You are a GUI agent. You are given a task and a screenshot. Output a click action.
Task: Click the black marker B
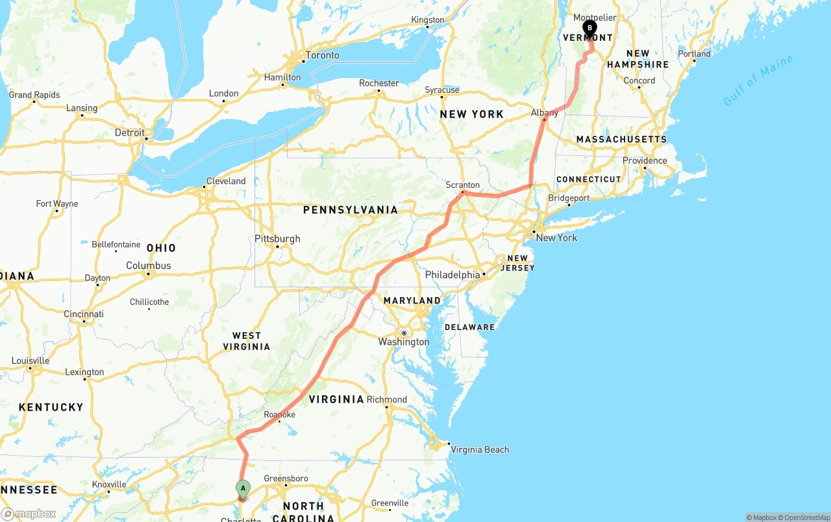(589, 29)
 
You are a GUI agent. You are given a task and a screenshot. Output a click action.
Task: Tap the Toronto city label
(322, 55)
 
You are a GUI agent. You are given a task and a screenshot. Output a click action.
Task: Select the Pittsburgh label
(277, 239)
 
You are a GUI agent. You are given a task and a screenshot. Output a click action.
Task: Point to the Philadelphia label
(453, 275)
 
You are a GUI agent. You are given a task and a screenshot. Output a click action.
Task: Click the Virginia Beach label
(480, 449)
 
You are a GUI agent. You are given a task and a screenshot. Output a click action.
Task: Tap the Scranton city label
(462, 185)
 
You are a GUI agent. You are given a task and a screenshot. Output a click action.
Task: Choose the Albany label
(544, 112)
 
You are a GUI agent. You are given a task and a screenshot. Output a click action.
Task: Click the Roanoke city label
(280, 415)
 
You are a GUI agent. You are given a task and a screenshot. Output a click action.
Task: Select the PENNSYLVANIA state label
(350, 210)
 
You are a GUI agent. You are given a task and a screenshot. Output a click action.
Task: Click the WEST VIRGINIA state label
(247, 341)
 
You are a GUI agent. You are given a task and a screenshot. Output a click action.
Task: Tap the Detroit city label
(130, 133)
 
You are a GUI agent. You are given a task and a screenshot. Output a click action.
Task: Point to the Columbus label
(149, 265)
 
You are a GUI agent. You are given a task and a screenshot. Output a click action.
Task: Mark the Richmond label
(387, 400)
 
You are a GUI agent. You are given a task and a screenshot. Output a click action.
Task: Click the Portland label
(694, 53)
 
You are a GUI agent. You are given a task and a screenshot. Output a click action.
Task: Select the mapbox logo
(29, 514)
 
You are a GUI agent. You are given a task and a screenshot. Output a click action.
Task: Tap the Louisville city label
(31, 361)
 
